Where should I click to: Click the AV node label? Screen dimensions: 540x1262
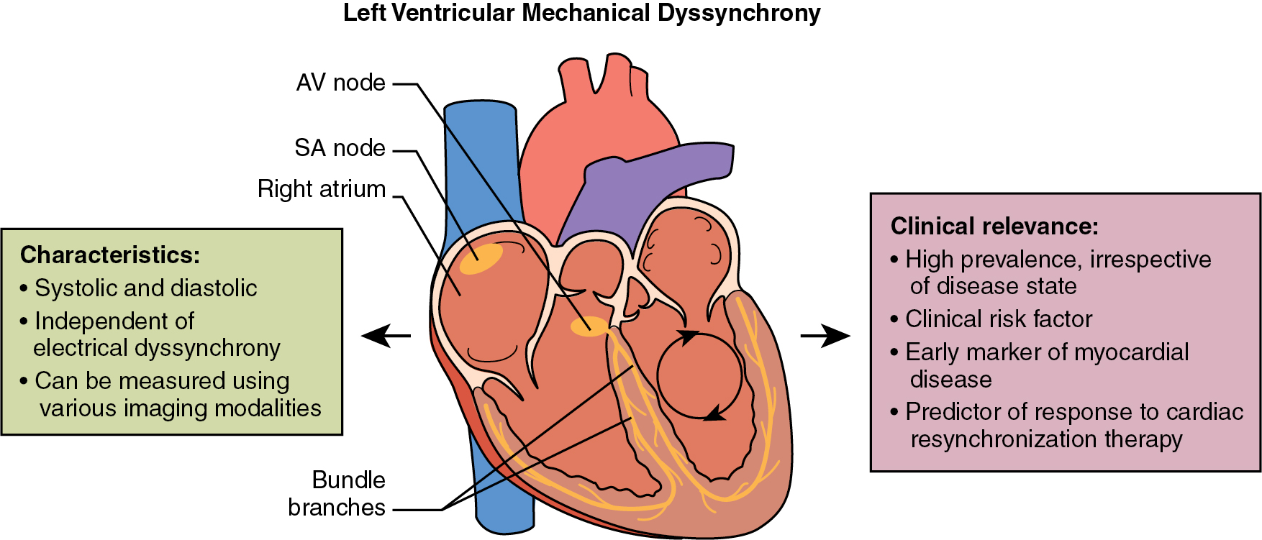pos(340,83)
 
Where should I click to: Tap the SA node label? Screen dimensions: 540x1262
pos(340,148)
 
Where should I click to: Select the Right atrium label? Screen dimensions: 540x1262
pos(322,189)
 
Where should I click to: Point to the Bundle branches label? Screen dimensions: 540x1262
pos(337,493)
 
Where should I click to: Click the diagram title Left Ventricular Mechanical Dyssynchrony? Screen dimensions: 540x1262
pos(581,13)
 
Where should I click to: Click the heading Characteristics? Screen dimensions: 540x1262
pos(110,255)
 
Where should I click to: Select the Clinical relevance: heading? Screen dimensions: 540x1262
pos(994,226)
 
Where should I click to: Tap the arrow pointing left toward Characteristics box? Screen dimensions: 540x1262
pos(385,335)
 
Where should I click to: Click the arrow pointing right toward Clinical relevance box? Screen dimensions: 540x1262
pos(825,335)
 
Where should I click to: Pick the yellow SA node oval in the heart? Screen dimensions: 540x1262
pos(481,259)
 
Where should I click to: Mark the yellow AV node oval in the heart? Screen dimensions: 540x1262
pos(589,326)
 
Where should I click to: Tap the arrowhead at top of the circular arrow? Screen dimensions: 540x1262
pos(689,337)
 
